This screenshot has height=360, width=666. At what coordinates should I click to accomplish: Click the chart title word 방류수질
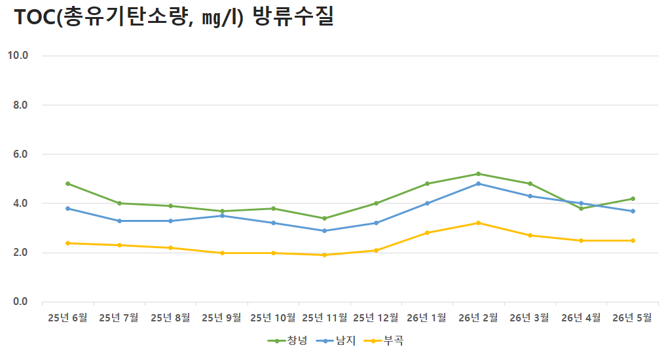(x=293, y=16)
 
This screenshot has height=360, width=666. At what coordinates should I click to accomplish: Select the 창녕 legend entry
(x=287, y=340)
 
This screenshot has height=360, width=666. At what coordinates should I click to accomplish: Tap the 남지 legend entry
(x=336, y=340)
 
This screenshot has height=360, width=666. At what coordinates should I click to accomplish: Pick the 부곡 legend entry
(x=384, y=340)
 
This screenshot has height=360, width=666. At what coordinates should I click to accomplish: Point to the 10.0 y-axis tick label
(x=18, y=55)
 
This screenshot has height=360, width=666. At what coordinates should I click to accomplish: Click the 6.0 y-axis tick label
(x=20, y=154)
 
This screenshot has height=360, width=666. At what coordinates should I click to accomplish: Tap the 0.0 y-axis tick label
(x=20, y=301)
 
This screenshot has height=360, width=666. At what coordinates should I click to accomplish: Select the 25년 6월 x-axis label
(x=67, y=317)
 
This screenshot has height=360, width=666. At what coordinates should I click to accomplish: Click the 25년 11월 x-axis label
(x=325, y=317)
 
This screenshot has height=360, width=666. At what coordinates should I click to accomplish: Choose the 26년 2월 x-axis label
(x=478, y=317)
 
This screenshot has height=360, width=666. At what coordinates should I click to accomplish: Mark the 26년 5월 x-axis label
(x=632, y=317)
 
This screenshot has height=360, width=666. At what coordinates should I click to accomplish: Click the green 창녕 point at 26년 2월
(x=478, y=173)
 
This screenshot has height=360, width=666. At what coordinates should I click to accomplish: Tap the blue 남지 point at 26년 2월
(x=478, y=183)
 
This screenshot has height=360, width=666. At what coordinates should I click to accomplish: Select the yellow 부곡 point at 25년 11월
(x=325, y=255)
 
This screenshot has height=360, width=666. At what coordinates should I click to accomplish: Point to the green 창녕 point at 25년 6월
(x=67, y=183)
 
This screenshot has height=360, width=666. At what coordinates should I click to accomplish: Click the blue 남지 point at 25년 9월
(x=222, y=215)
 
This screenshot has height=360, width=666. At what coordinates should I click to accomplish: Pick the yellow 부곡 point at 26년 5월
(x=633, y=240)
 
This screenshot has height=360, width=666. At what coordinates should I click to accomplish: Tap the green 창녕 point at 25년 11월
(x=325, y=218)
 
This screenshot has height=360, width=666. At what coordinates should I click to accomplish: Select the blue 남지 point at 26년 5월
(x=633, y=211)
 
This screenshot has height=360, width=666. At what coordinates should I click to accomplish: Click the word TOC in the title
(x=35, y=18)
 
